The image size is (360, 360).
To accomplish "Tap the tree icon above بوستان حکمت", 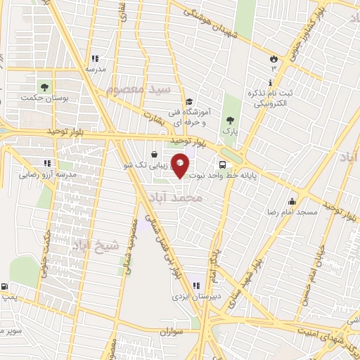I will [45, 87].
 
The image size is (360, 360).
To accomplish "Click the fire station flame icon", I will [274, 58].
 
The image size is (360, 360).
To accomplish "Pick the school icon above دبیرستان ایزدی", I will [196, 285].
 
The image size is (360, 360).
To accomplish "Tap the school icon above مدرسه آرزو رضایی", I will [48, 162].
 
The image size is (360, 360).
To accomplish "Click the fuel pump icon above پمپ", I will [6, 286].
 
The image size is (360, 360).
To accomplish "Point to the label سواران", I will [170, 330].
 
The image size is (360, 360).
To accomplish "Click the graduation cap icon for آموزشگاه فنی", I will [190, 101].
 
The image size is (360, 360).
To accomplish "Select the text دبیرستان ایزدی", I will [197, 297].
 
